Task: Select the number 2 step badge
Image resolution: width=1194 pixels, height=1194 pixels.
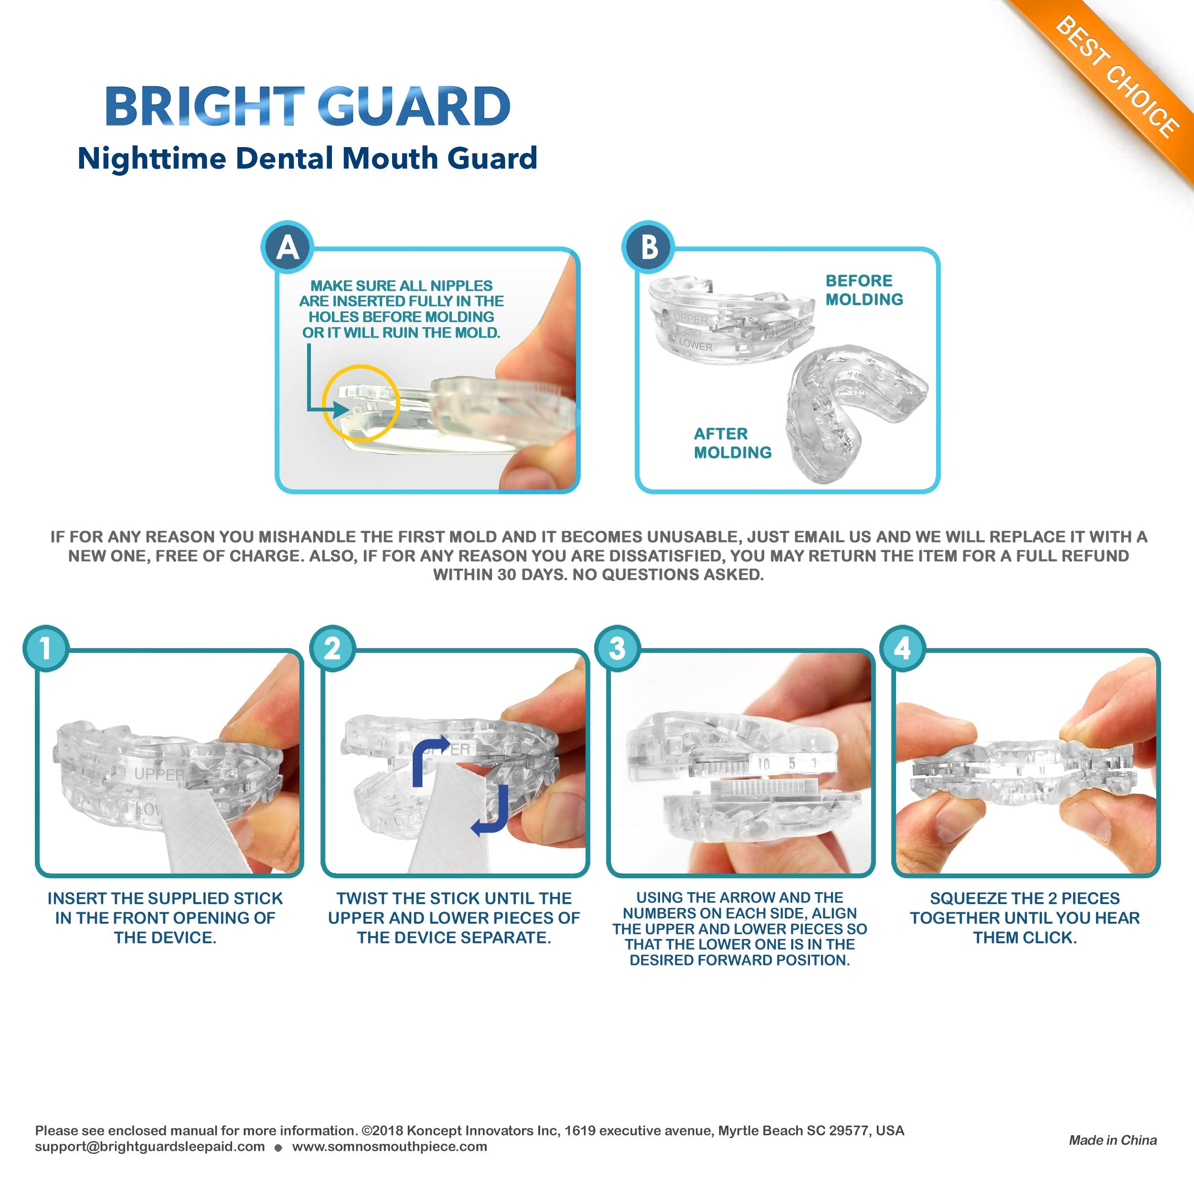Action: click(x=332, y=648)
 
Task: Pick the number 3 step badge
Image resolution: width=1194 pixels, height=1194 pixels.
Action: click(x=618, y=648)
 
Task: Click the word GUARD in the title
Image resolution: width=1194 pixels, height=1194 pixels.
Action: click(x=415, y=107)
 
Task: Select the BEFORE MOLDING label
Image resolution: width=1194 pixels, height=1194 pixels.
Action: click(x=864, y=290)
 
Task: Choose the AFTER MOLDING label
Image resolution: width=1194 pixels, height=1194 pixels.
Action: click(x=732, y=443)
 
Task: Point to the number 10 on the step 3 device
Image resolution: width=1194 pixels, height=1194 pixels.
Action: click(x=764, y=764)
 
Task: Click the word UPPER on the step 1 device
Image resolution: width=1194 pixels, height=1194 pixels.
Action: click(x=160, y=774)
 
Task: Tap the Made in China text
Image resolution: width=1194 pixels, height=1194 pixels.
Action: click(x=1113, y=1140)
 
